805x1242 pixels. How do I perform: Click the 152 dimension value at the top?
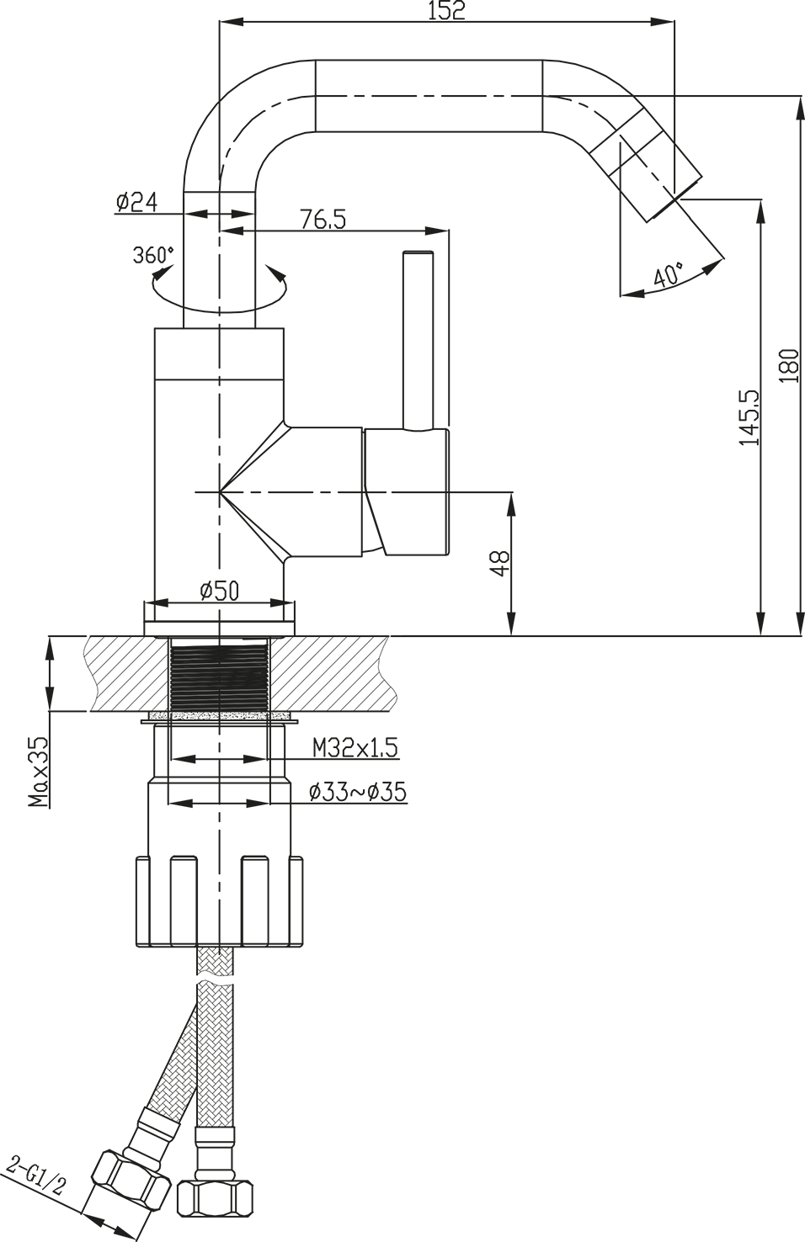[447, 11]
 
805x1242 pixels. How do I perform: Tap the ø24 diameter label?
[136, 202]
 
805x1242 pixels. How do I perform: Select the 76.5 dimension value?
[323, 219]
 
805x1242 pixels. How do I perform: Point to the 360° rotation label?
[153, 255]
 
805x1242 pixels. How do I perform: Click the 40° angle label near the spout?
[669, 275]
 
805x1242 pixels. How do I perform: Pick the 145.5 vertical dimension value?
[749, 417]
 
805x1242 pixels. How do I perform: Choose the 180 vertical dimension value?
[788, 365]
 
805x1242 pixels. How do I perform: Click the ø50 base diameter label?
[220, 591]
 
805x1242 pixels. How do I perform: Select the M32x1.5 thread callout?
[355, 748]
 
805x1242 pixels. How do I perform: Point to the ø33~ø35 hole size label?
[357, 792]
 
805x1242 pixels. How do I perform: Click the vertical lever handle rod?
[418, 341]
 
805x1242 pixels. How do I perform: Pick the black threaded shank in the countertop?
[219, 674]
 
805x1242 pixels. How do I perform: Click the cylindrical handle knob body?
[406, 491]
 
